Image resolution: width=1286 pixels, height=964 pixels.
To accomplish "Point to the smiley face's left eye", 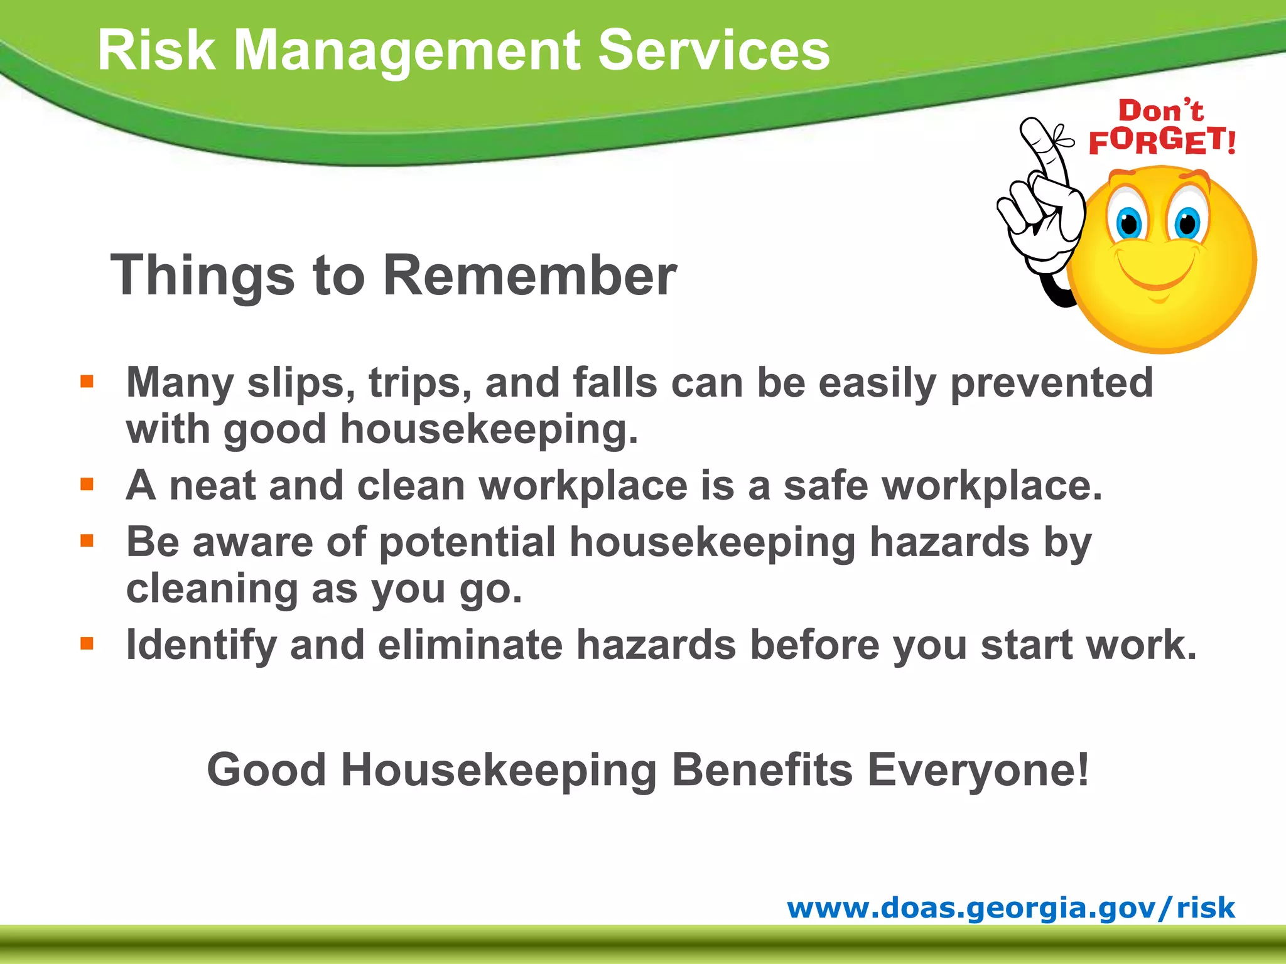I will click(x=1128, y=221).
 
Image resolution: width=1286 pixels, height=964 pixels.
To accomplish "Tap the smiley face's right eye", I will click(x=1186, y=221).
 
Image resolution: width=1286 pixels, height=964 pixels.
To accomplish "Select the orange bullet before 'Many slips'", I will click(x=87, y=381).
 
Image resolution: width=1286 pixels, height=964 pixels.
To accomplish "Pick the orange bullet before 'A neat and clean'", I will click(x=87, y=484).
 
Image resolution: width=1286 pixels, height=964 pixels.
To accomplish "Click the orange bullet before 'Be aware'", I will click(x=87, y=540).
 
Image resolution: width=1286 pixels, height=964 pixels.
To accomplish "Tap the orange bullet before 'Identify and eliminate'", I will click(x=87, y=643).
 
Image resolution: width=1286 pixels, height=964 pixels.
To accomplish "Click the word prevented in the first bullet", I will click(x=1051, y=383).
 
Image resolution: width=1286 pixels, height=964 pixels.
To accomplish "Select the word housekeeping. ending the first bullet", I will click(x=489, y=430).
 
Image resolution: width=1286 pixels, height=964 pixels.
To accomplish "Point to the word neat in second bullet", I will click(x=212, y=486).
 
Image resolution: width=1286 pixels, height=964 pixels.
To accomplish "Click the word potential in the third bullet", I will click(x=467, y=542).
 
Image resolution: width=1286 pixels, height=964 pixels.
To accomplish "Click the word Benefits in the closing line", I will click(x=762, y=769).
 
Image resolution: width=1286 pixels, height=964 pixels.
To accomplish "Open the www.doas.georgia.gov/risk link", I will click(x=1011, y=908).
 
